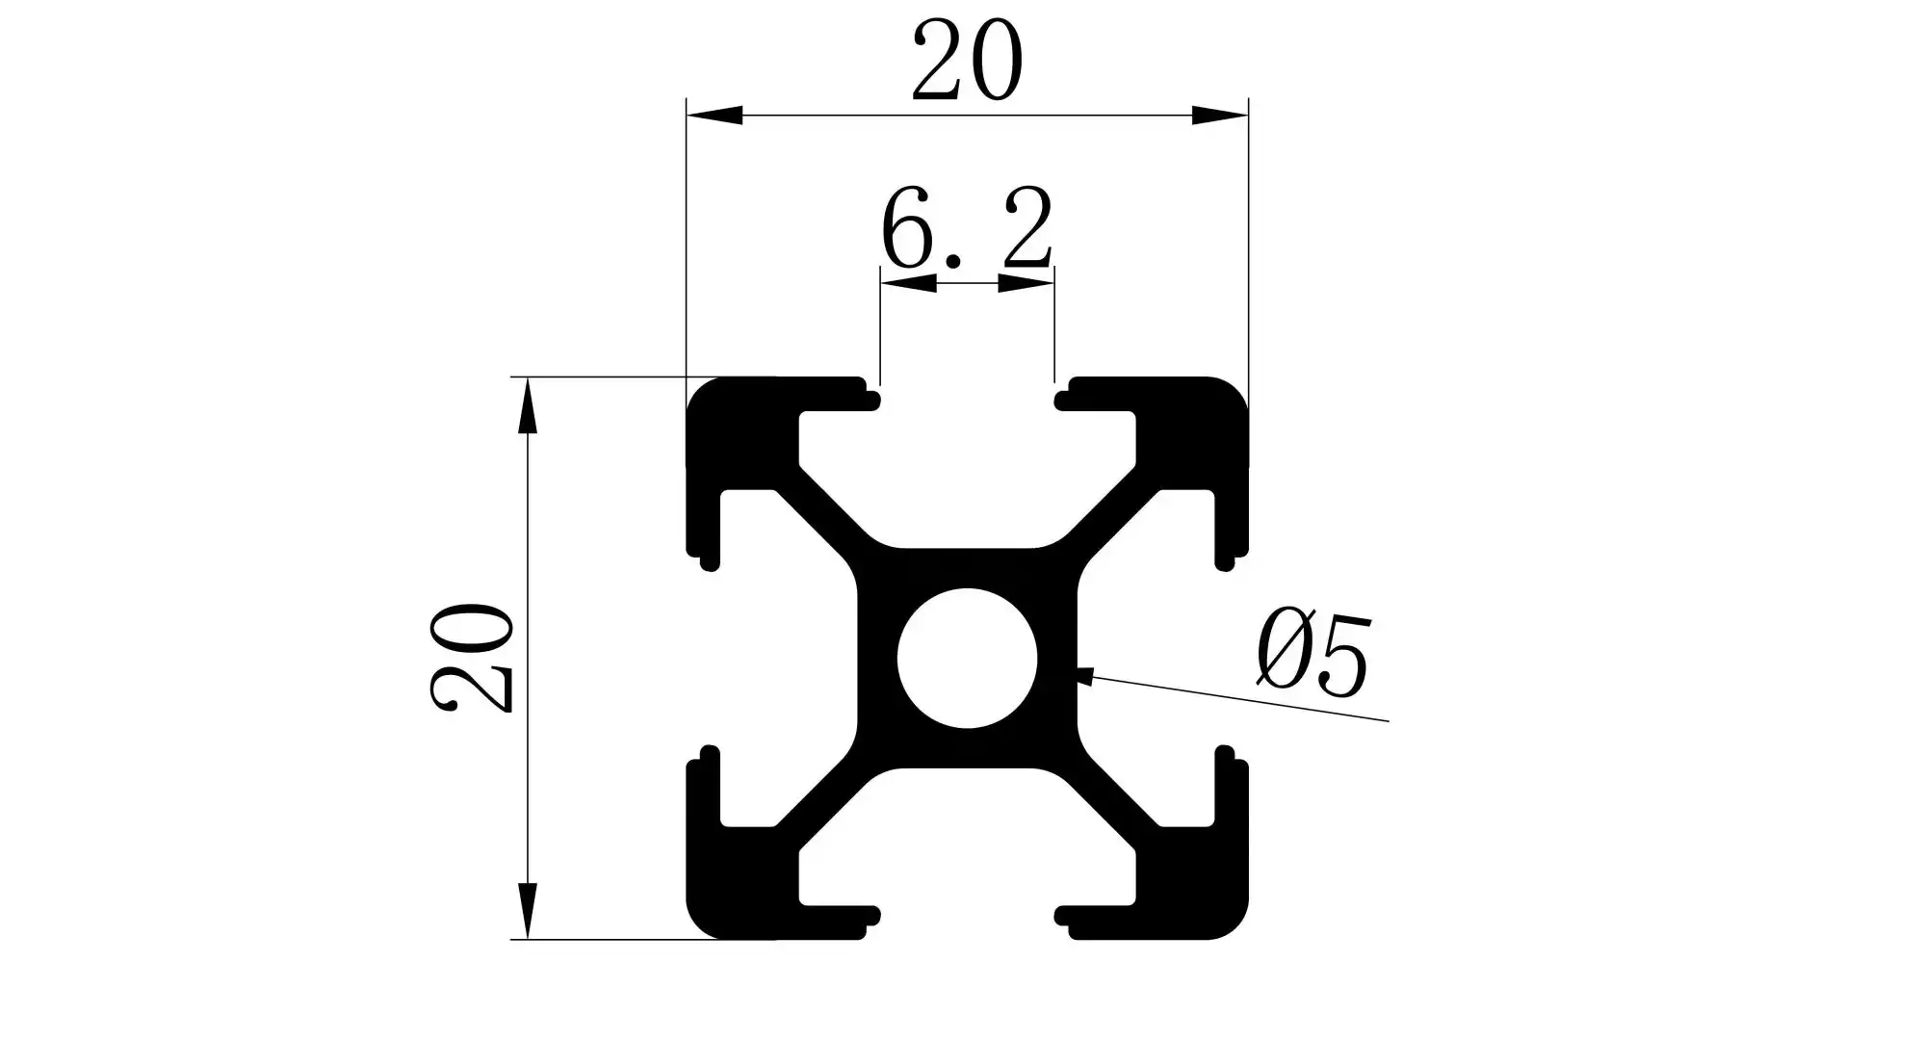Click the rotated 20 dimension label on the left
pyautogui.click(x=472, y=658)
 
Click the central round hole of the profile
pyautogui.click(x=967, y=658)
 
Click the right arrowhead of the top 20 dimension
pyautogui.click(x=1219, y=116)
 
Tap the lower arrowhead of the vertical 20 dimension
pyautogui.click(x=527, y=909)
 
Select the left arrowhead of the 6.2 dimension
pyautogui.click(x=909, y=283)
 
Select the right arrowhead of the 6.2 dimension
pyautogui.click(x=1026, y=283)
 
